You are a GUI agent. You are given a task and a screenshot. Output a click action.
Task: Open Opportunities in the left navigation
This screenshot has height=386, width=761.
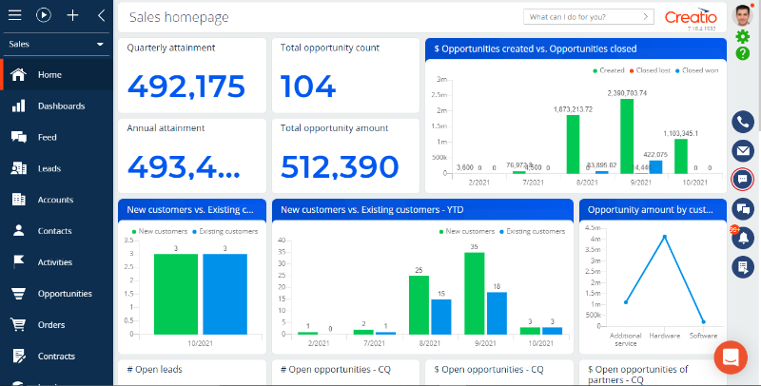[64, 294]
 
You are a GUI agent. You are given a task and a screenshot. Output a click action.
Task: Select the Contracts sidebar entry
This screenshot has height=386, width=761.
[56, 356]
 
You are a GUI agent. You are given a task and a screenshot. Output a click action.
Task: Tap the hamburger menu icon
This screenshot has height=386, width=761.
[15, 15]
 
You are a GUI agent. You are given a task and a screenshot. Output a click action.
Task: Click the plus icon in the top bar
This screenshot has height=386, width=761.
[72, 15]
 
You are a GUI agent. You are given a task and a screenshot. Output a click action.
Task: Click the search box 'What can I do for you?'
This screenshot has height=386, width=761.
[582, 16]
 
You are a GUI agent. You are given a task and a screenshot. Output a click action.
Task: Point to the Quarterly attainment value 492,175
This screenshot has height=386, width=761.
[185, 86]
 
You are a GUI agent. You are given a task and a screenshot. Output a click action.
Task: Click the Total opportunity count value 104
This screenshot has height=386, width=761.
[309, 86]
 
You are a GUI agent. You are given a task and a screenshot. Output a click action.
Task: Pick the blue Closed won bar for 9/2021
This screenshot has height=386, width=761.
[655, 166]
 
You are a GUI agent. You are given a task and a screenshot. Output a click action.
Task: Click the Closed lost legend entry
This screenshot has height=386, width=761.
[653, 70]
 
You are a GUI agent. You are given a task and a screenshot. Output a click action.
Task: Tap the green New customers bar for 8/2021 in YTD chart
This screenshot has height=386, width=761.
[418, 303]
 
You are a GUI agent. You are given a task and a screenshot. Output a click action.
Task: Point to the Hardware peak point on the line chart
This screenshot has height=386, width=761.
[665, 236]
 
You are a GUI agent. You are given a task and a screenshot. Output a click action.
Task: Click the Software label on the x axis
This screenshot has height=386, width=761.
[703, 336]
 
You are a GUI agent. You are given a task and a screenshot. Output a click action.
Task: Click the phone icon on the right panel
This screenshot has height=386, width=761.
[743, 122]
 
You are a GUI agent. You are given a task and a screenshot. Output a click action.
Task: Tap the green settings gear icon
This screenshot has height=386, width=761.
[743, 36]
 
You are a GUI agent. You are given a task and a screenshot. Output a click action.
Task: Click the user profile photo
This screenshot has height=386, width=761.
[743, 14]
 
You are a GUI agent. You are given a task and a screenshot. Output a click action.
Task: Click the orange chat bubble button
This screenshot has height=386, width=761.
[731, 357]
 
